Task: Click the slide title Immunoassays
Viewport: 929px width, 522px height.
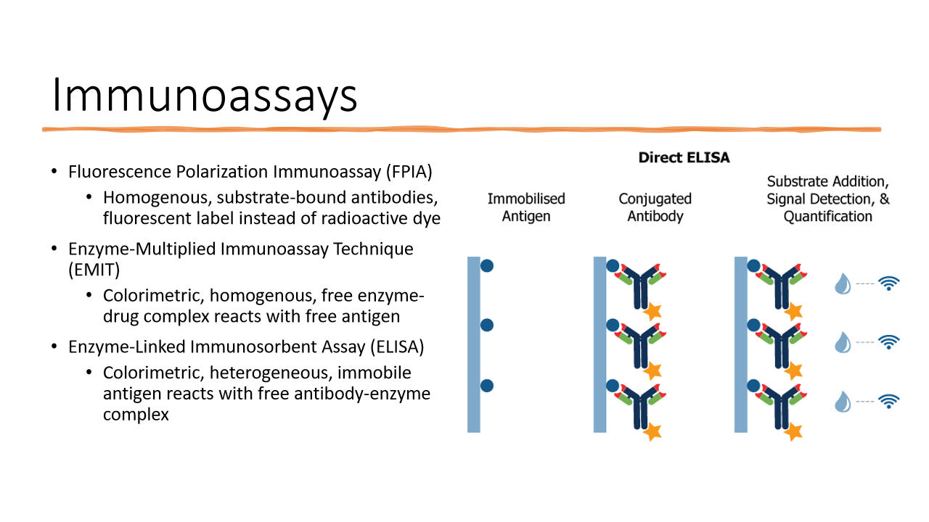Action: pyautogui.click(x=205, y=95)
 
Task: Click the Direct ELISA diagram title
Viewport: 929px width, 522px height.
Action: pyautogui.click(x=684, y=157)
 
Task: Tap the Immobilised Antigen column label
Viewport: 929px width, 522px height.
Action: pyautogui.click(x=525, y=207)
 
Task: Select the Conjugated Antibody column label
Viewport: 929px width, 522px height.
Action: pyautogui.click(x=655, y=207)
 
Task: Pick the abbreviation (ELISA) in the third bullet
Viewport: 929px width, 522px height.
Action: pyautogui.click(x=397, y=347)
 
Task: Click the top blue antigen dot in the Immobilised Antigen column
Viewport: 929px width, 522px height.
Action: pyautogui.click(x=487, y=265)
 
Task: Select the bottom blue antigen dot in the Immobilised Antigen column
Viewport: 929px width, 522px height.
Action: pyautogui.click(x=487, y=385)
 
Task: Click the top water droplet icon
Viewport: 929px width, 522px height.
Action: pyautogui.click(x=842, y=283)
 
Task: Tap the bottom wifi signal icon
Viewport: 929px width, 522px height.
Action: pyautogui.click(x=889, y=401)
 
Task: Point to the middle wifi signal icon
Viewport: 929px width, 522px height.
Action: pyautogui.click(x=889, y=341)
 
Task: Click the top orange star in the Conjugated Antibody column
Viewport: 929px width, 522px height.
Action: pyautogui.click(x=652, y=311)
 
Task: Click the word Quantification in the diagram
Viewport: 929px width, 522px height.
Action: pyautogui.click(x=827, y=217)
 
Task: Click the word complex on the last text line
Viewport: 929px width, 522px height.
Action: pyautogui.click(x=136, y=415)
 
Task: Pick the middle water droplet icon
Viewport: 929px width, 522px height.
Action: pyautogui.click(x=842, y=341)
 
